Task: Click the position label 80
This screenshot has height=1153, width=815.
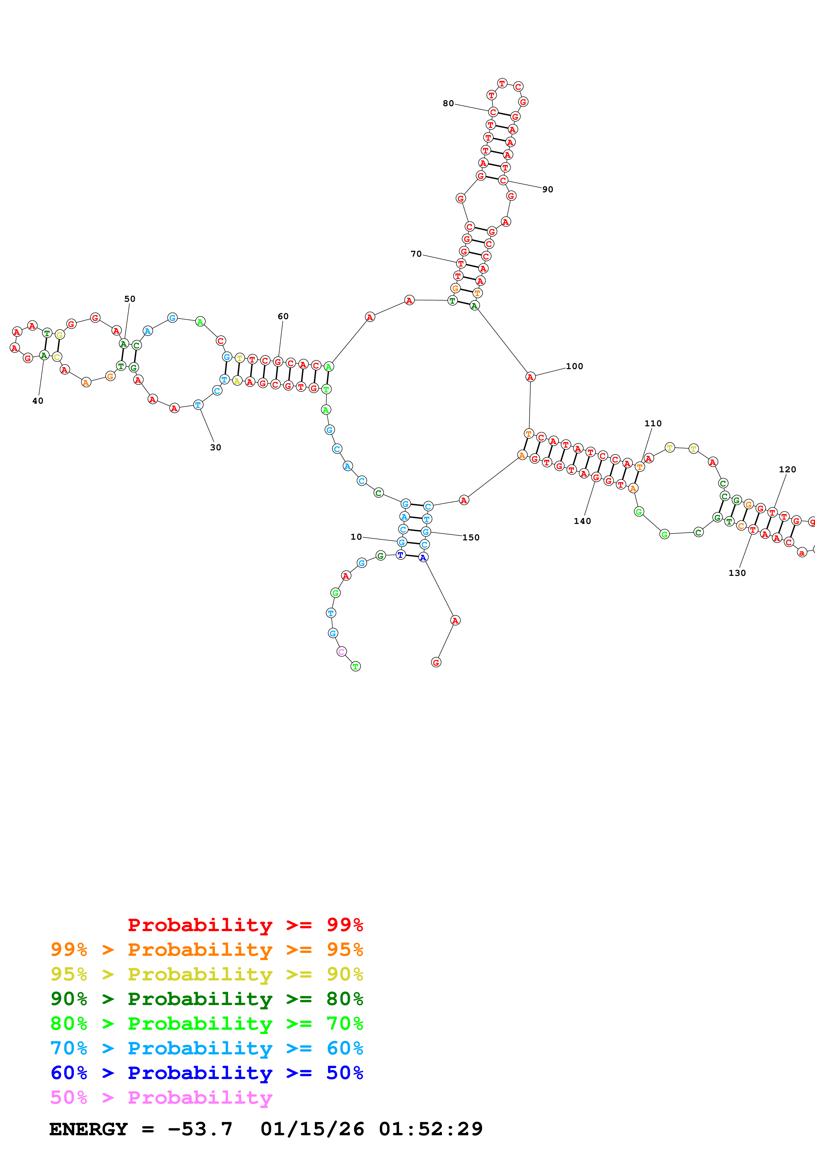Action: (448, 104)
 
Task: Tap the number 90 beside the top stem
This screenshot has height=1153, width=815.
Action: (547, 189)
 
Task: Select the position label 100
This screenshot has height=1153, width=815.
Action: (574, 366)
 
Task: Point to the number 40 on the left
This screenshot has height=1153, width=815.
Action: (38, 401)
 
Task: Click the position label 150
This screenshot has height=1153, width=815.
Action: (470, 537)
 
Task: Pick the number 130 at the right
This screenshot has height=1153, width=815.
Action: (737, 573)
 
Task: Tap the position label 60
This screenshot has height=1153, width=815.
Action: (283, 317)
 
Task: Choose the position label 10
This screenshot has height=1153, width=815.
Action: (356, 537)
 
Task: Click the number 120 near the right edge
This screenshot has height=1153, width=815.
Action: (787, 470)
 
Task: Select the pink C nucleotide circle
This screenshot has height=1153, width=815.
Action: (342, 652)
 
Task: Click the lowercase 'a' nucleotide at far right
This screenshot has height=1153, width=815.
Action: (802, 553)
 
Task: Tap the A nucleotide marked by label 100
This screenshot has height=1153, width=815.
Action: (530, 377)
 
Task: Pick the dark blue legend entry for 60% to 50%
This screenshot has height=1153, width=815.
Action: (206, 1073)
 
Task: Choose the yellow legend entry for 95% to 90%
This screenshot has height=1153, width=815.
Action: (206, 974)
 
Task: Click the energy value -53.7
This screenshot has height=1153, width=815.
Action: (200, 1129)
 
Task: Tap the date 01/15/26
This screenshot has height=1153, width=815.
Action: (312, 1129)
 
